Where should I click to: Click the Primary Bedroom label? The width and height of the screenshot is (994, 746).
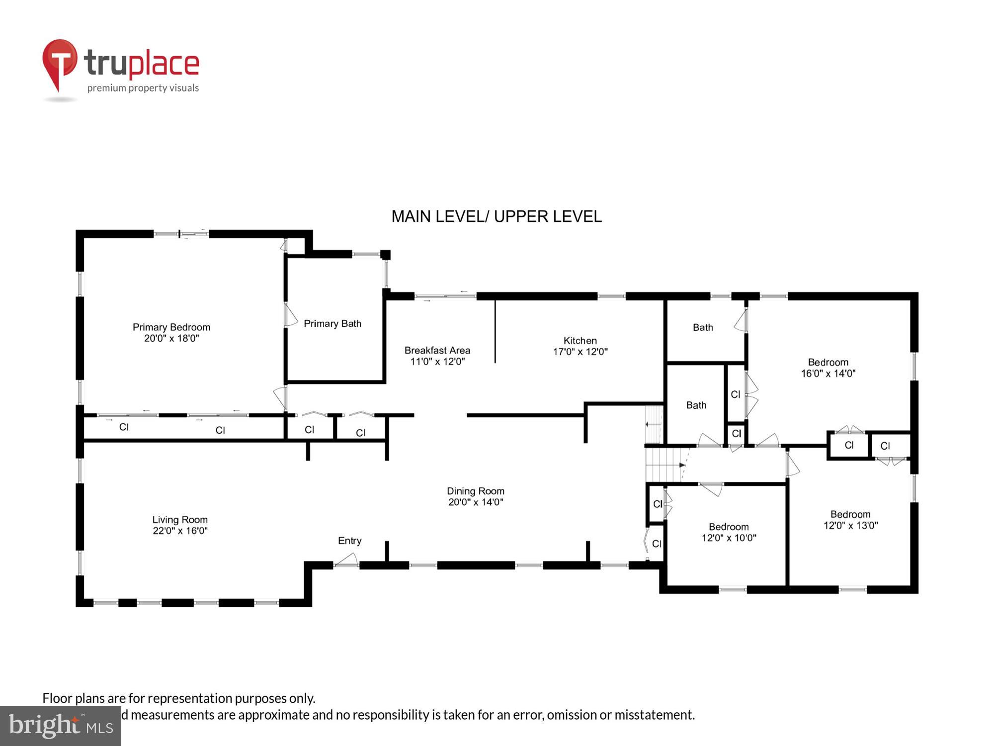coord(171,327)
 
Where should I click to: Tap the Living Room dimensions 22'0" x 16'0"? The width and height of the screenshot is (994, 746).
coord(180,531)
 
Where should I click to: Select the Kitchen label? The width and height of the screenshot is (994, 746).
coord(580,341)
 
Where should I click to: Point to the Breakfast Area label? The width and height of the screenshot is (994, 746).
coord(437,350)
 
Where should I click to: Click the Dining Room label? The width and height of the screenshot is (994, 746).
coord(475,491)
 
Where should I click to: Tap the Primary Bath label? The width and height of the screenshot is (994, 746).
coord(332,324)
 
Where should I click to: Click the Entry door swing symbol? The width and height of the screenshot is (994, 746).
coord(346,560)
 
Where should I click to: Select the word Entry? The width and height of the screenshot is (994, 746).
coord(349,541)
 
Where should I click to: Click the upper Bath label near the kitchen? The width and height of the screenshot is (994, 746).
coord(703,327)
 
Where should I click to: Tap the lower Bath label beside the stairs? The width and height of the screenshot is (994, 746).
coord(696,405)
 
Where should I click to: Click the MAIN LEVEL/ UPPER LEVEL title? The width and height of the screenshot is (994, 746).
coord(496,216)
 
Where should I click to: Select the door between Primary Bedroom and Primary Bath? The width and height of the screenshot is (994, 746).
coord(290,315)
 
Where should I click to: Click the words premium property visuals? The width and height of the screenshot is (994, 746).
coord(143,88)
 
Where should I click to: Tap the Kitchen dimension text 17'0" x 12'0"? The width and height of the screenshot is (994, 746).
coord(580,352)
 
